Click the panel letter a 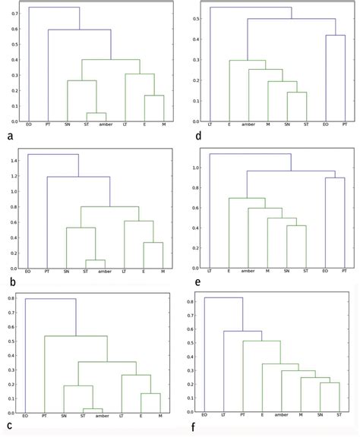coord(8,137)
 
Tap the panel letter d coord(190,137)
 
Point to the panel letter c coord(8,428)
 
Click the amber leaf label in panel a coord(105,125)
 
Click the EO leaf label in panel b coord(28,272)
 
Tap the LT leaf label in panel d coord(209,124)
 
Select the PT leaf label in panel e coord(345,271)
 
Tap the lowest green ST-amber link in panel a coord(96,113)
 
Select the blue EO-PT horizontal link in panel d coord(336,36)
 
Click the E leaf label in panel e coord(229,271)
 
